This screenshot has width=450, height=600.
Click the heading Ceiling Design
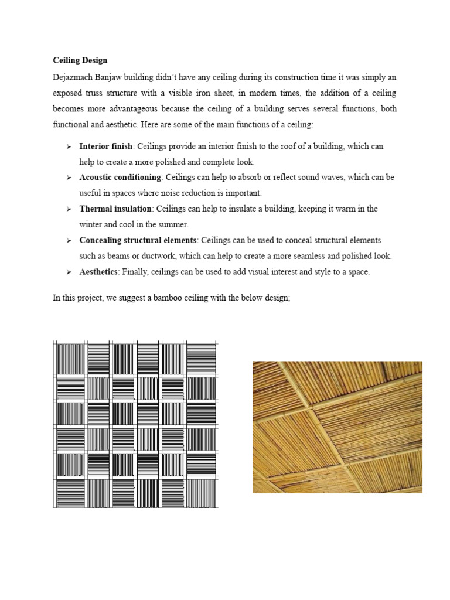click(x=80, y=60)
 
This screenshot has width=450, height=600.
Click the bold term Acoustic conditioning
click(x=120, y=178)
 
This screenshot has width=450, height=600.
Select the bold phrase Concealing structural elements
click(x=138, y=240)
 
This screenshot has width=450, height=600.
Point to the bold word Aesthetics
click(x=99, y=272)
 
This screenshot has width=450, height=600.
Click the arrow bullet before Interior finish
click(x=69, y=146)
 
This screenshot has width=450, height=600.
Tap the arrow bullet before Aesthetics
click(x=69, y=272)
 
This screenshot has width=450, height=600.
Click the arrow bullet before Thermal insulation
click(x=69, y=209)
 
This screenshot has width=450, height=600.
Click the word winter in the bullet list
click(x=91, y=224)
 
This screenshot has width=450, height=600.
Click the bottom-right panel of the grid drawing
click(x=202, y=493)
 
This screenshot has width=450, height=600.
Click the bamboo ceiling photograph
click(x=337, y=427)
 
